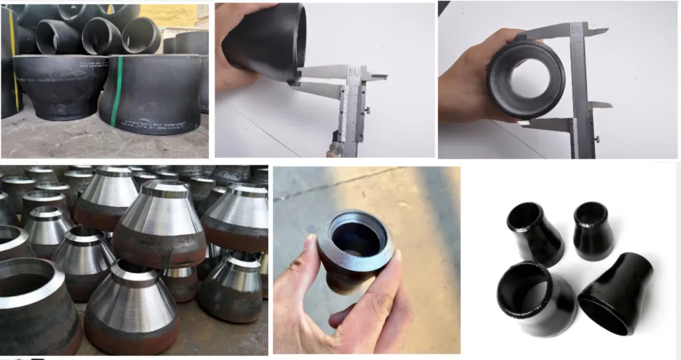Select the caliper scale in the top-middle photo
point(351,109)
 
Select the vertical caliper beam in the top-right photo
point(580,88)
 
